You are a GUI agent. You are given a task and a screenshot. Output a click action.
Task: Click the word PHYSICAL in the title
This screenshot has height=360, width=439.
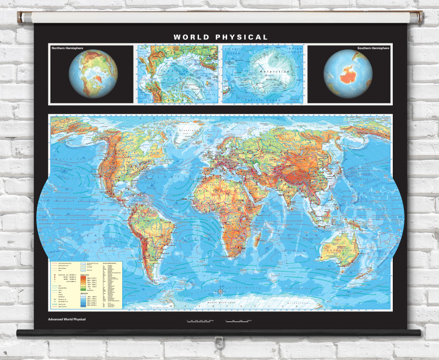[240, 37]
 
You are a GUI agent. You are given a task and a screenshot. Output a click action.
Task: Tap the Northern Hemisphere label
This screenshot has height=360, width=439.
[67, 48]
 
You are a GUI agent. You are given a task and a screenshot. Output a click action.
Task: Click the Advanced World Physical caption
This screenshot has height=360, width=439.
[63, 320]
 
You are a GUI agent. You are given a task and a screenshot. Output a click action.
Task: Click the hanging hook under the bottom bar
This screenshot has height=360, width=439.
[220, 341]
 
